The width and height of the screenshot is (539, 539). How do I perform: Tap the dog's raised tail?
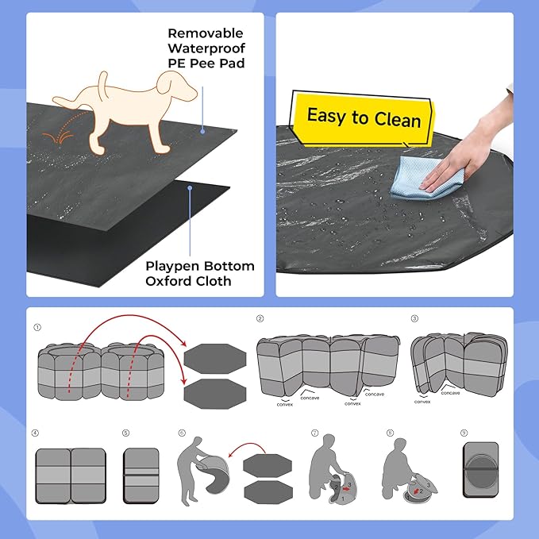(102, 82)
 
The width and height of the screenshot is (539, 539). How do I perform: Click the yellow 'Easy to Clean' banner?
(363, 117)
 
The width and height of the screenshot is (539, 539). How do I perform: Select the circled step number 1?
(37, 327)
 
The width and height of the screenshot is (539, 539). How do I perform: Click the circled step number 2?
(260, 319)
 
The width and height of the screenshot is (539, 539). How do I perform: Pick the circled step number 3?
(414, 319)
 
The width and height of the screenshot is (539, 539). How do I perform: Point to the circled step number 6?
(181, 433)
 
